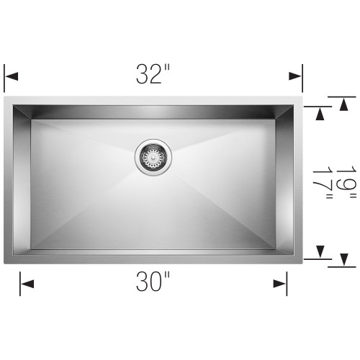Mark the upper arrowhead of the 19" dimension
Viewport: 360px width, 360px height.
pyautogui.click(x=343, y=102)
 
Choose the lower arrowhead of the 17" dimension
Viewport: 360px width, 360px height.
pyautogui.click(x=321, y=251)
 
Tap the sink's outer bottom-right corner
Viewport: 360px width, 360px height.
pyautogui.click(x=302, y=264)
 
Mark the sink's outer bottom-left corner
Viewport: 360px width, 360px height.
pyautogui.click(x=5, y=264)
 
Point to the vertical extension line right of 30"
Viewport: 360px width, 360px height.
pyautogui.click(x=287, y=284)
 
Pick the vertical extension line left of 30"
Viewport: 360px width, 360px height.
pyautogui.click(x=20, y=284)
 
